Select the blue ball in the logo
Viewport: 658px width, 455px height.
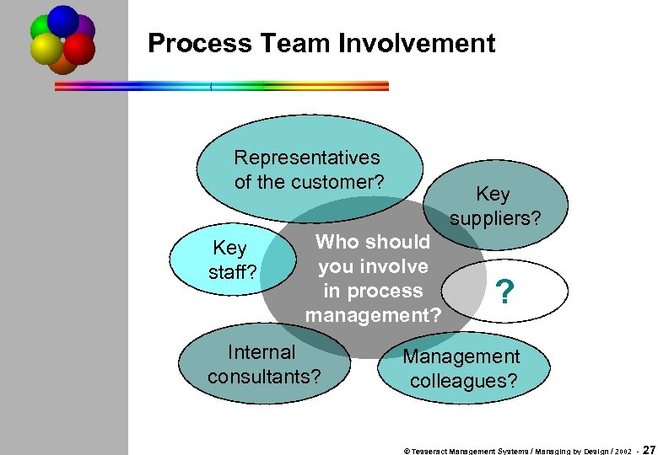[x=62, y=20]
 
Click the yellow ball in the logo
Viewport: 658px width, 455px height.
[x=46, y=49]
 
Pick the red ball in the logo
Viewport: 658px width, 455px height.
[x=79, y=49]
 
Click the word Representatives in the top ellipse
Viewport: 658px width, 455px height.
[x=307, y=158]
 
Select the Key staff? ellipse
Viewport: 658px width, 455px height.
[x=230, y=260]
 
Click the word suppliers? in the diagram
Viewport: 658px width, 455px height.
[x=494, y=219]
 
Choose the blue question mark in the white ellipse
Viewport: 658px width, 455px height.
[x=504, y=292]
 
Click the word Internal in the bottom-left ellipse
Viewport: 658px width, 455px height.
[x=262, y=352]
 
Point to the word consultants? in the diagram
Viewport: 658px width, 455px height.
[x=264, y=376]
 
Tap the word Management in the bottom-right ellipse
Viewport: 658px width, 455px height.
[x=461, y=357]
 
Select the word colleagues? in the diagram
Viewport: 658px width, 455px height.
[x=464, y=381]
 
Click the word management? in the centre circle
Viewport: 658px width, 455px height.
[x=373, y=316]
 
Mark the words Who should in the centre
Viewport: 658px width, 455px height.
[x=372, y=243]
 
